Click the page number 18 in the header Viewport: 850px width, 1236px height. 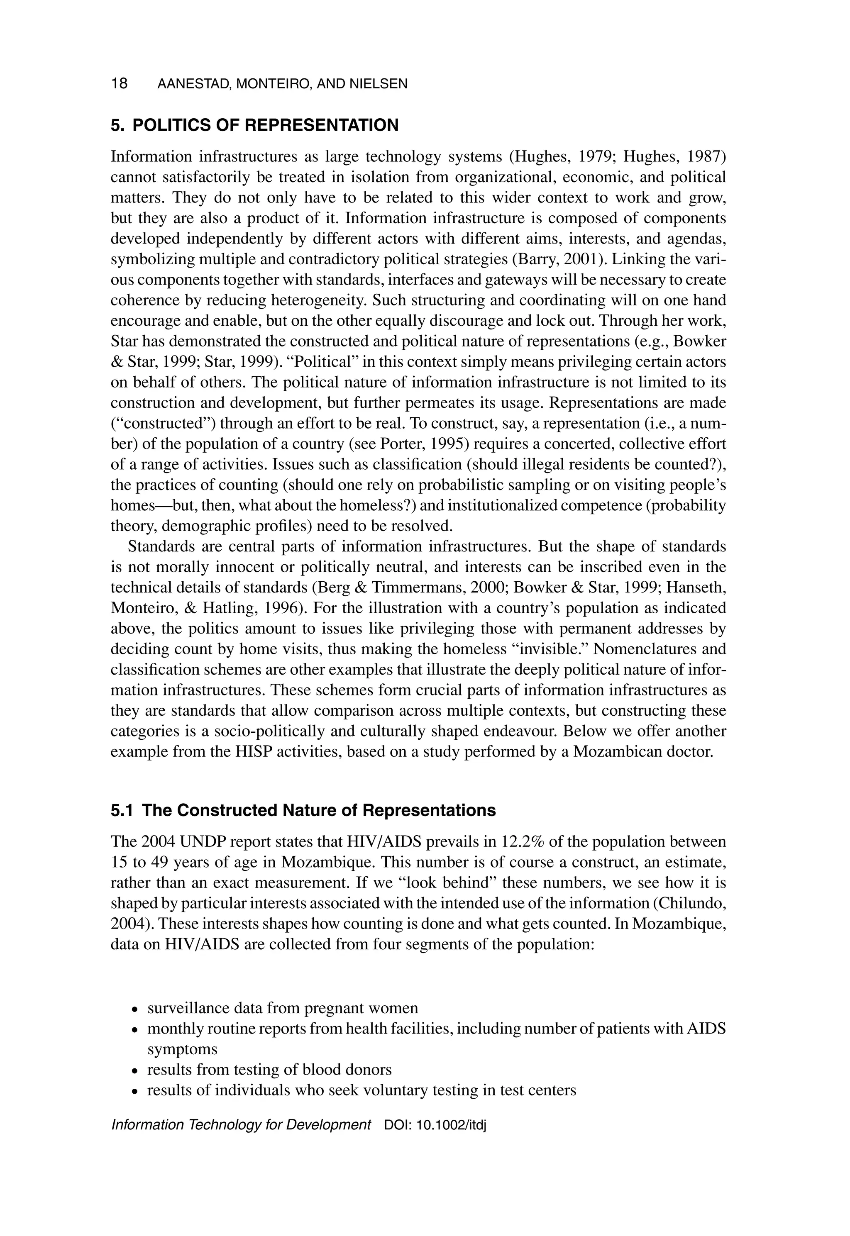(x=119, y=83)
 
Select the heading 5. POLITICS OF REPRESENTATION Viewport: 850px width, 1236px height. (x=254, y=125)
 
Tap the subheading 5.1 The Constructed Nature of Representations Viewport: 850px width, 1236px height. (x=303, y=810)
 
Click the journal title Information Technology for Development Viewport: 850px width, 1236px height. (x=241, y=1125)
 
